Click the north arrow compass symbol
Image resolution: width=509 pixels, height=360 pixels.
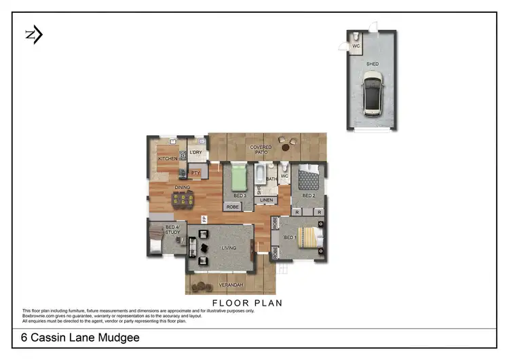pos(33,35)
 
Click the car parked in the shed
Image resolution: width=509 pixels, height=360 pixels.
pos(373,95)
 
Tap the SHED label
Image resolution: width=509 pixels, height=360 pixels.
pos(373,65)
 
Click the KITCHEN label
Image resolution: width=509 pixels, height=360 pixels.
pos(168,159)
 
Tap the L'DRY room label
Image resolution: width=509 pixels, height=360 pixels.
pos(197,152)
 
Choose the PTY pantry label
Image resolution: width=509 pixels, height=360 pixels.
pos(195,173)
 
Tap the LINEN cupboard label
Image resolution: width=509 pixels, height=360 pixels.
pos(267,200)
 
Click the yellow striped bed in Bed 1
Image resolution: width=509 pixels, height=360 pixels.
pos(308,237)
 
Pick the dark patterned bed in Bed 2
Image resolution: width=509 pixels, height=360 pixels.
pos(309,179)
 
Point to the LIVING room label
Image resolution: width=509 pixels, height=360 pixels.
pos(229,248)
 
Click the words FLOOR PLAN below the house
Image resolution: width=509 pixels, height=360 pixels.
pos(247,303)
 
